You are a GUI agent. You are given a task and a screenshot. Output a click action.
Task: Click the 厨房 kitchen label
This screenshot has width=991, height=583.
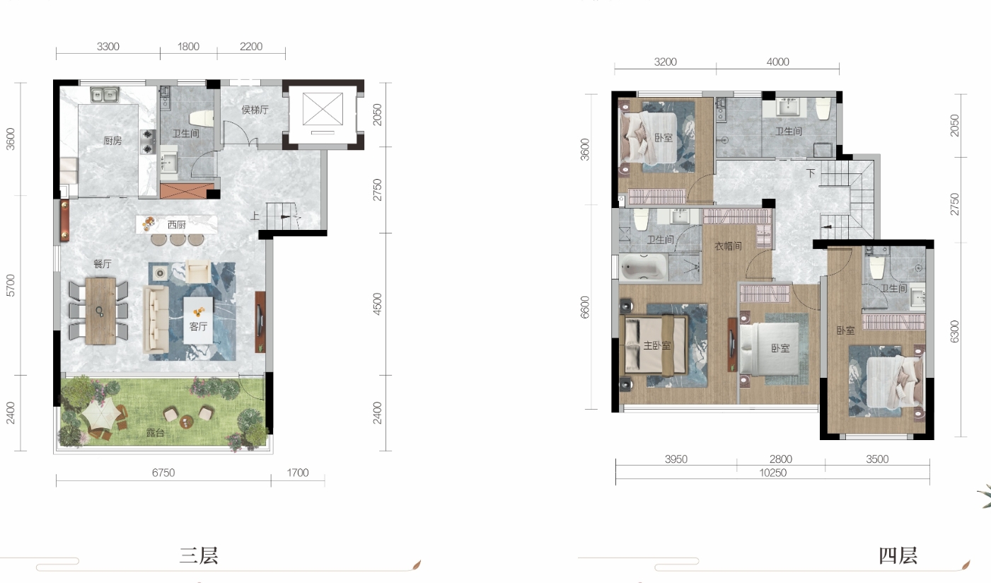click(112, 141)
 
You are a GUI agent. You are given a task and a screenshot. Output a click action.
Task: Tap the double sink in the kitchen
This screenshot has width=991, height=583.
click(105, 95)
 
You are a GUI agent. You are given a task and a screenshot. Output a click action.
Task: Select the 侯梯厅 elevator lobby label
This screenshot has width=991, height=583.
click(255, 110)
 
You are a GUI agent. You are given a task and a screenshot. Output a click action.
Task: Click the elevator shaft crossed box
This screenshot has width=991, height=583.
click(323, 109)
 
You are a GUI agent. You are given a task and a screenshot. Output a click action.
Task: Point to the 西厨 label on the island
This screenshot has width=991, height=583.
click(177, 225)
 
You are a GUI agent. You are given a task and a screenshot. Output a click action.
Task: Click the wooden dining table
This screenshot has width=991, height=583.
click(100, 311)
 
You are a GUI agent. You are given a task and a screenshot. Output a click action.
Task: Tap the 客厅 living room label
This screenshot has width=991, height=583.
click(198, 327)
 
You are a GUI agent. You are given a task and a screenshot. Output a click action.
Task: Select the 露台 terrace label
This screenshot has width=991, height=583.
click(156, 432)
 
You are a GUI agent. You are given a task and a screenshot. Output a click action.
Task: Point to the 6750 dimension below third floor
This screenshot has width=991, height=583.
click(163, 473)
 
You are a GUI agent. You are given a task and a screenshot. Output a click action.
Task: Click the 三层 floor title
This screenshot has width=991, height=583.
click(199, 555)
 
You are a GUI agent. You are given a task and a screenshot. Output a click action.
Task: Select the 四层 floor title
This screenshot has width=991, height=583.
click(898, 555)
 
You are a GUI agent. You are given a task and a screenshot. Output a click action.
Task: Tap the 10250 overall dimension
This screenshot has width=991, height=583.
click(773, 473)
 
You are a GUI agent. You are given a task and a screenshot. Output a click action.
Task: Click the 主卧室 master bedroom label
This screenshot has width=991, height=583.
click(657, 345)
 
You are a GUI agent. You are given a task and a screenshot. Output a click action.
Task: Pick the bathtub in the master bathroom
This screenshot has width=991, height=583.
click(643, 267)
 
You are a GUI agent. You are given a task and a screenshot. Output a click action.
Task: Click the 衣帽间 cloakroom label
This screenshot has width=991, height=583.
click(728, 246)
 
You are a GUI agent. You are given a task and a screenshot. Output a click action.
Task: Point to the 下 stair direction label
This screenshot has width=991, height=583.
click(811, 173)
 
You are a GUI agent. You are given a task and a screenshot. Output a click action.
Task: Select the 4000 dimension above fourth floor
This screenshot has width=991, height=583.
click(778, 62)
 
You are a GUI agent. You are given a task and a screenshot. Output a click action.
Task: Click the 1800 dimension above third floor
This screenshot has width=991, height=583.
click(188, 47)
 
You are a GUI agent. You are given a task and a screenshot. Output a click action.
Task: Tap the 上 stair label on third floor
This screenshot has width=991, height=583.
click(255, 216)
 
